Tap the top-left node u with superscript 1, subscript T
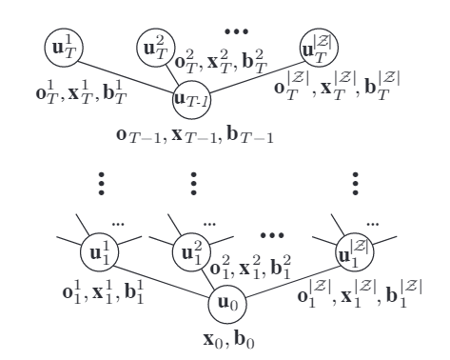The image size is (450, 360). pyautogui.click(x=62, y=44)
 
